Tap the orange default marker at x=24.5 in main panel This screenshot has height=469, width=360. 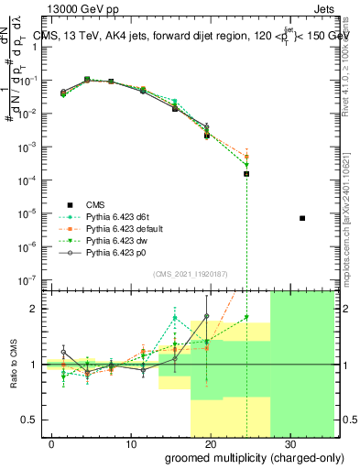pos(246,157)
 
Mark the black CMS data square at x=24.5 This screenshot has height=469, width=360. pos(246,174)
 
